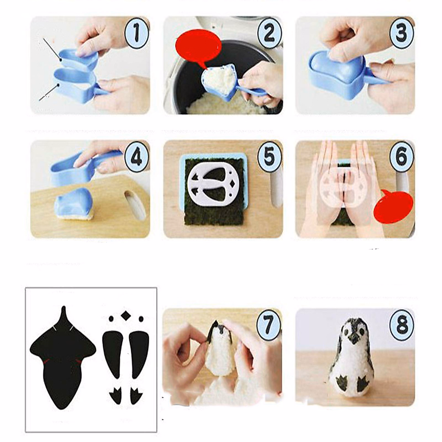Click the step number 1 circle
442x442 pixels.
coord(136,33)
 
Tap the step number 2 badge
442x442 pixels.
coord(269,33)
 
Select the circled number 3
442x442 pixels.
coord(401,33)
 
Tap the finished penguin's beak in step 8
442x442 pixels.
coord(354,341)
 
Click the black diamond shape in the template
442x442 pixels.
coord(126,316)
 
